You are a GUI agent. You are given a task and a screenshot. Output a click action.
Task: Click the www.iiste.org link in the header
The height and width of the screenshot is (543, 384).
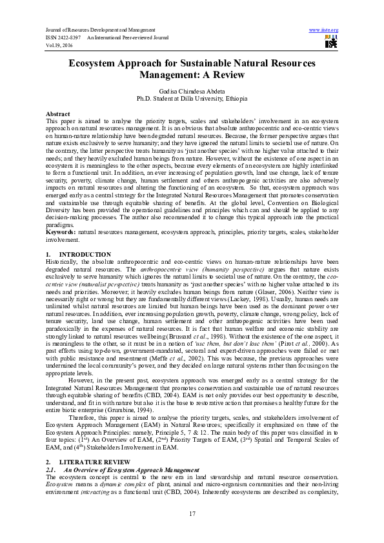[x=324, y=30]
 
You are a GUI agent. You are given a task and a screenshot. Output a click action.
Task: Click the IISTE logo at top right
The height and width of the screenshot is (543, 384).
[x=330, y=43]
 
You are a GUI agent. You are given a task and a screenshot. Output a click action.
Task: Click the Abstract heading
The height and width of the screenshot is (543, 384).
[x=58, y=114]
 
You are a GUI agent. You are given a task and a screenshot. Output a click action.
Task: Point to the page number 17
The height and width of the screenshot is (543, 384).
[x=192, y=513]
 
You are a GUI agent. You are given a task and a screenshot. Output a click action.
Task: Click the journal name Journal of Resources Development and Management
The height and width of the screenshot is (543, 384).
[x=100, y=30]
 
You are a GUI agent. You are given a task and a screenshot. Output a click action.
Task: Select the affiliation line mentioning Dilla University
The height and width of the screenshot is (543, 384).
[x=191, y=100]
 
